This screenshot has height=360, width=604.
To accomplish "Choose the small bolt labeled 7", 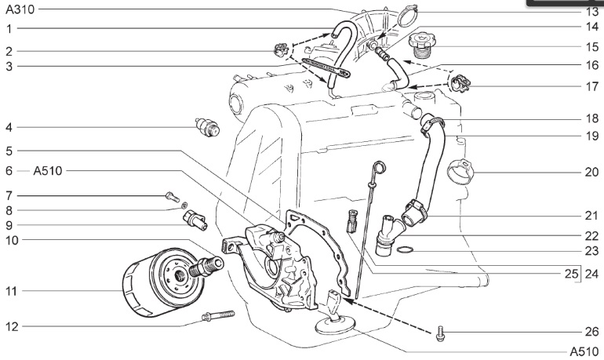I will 172,195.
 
